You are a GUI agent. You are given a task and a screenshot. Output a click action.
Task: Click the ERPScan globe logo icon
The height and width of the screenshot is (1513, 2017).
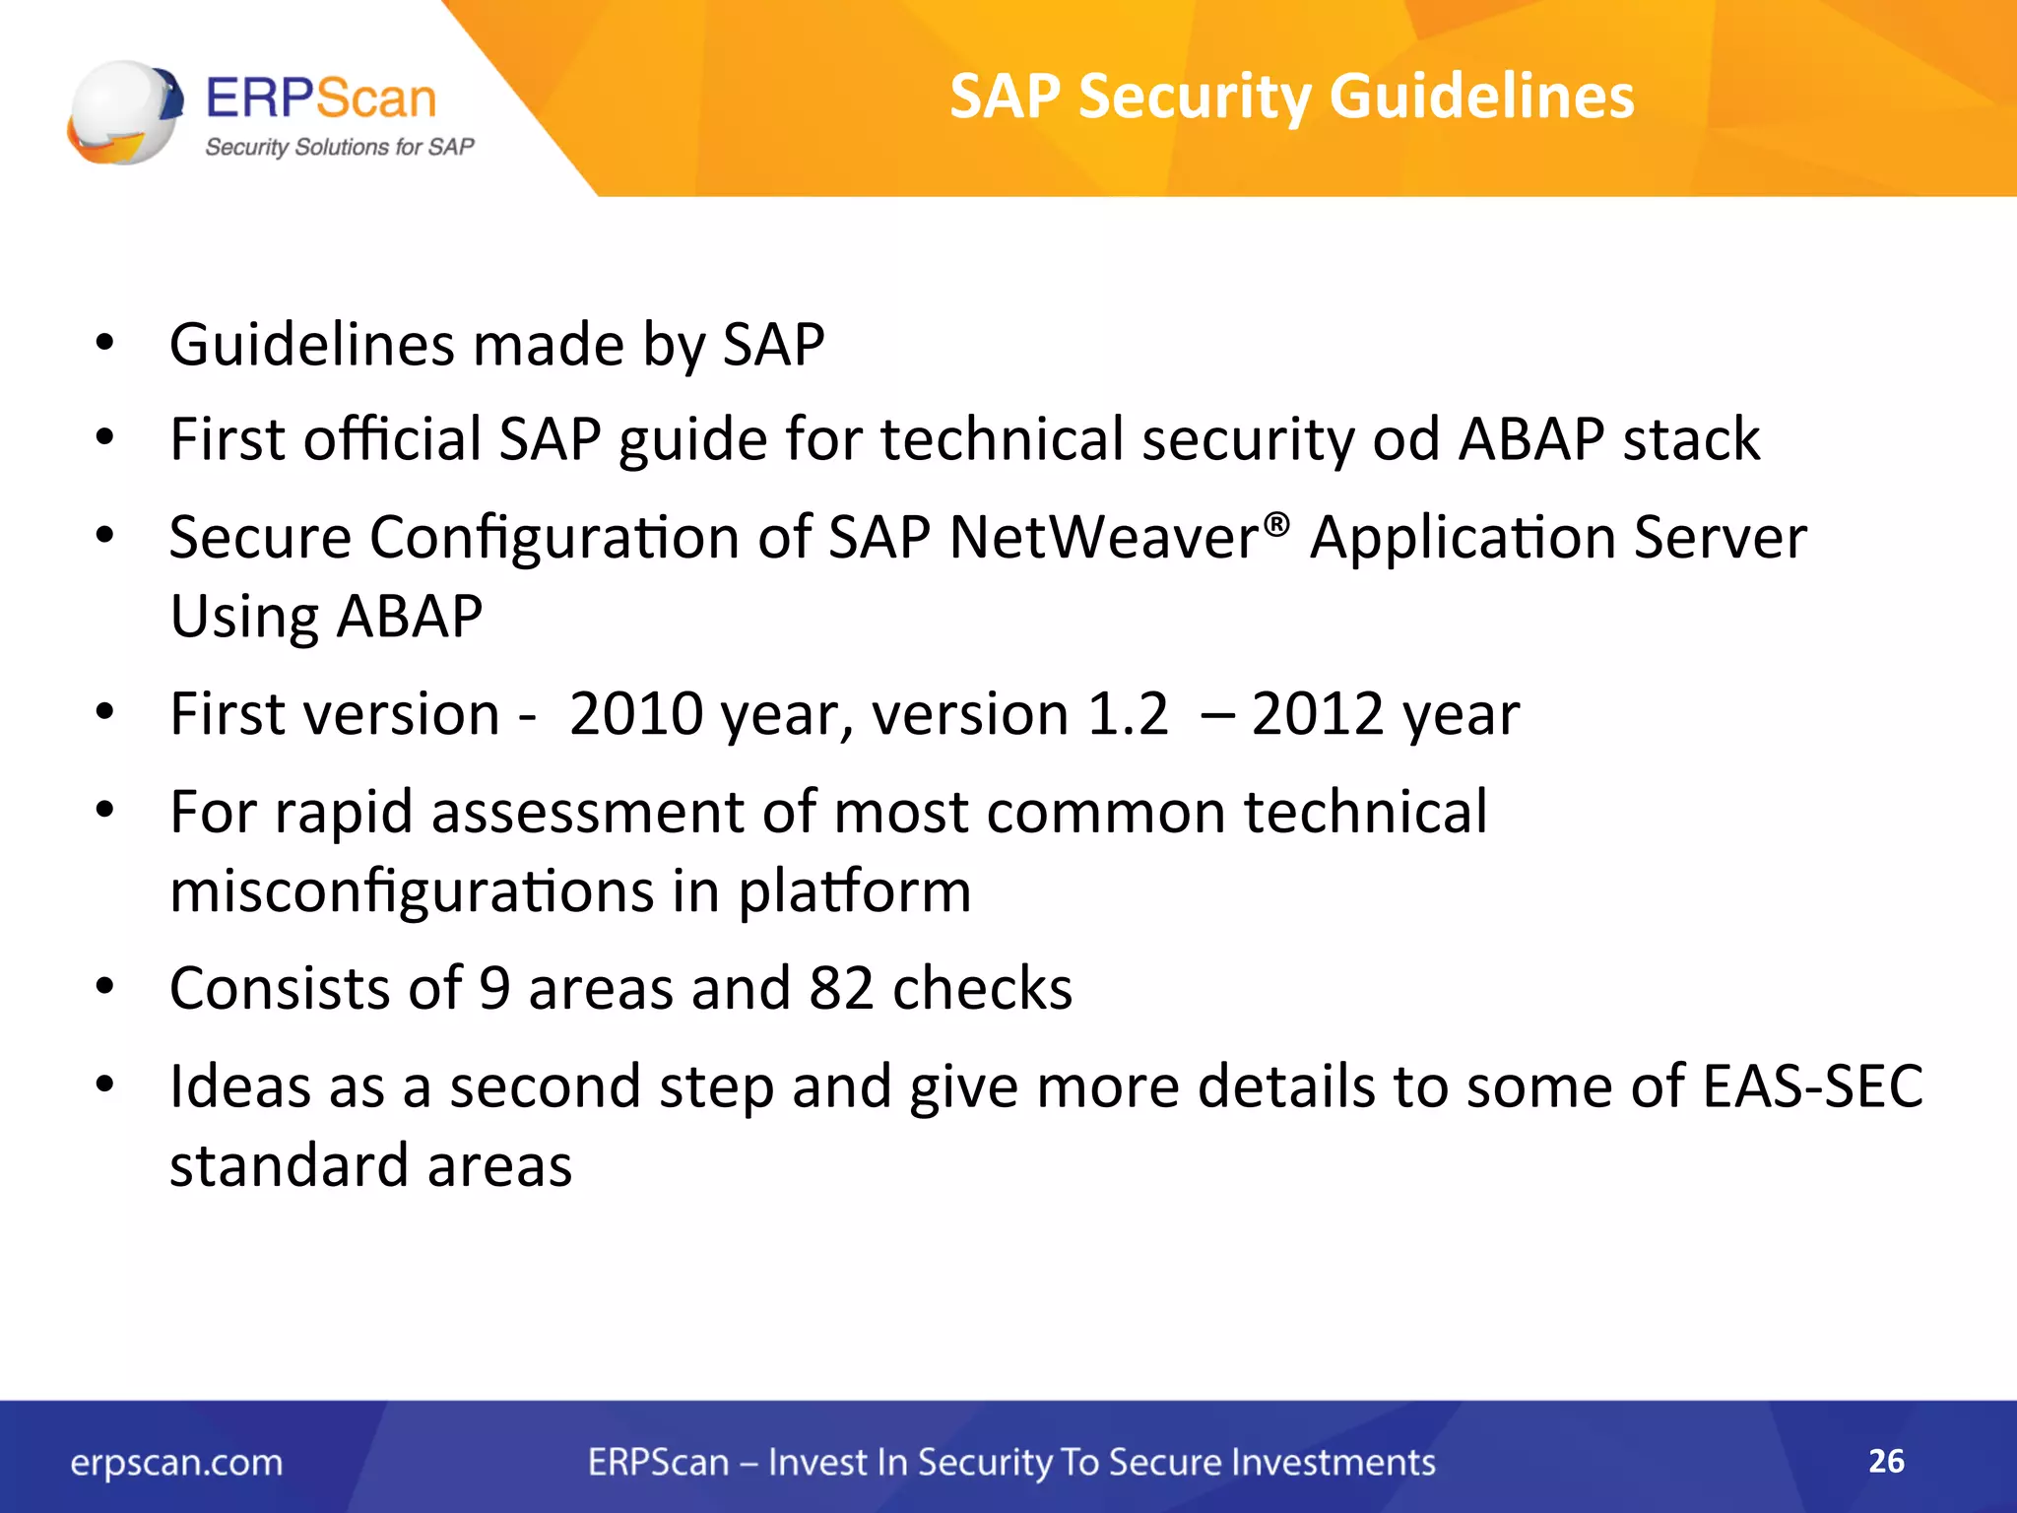tap(124, 112)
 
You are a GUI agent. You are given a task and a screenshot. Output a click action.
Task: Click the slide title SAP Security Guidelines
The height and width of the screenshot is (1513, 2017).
tap(1291, 97)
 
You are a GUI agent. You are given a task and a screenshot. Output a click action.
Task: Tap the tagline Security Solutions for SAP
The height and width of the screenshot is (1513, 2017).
tap(339, 147)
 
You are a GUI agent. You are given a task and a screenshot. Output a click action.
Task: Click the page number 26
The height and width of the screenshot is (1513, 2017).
tap(1886, 1461)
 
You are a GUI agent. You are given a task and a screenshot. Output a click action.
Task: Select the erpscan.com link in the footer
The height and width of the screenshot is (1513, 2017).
tap(176, 1462)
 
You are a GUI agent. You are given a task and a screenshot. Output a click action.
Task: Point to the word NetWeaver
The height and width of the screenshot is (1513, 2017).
tap(1103, 538)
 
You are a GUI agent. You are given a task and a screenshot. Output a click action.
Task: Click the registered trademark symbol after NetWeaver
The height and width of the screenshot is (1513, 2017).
tap(1275, 522)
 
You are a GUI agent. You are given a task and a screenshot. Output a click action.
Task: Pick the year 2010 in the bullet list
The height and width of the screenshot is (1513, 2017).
tap(636, 714)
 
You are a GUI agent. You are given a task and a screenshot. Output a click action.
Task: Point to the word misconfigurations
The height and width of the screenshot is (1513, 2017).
tap(412, 891)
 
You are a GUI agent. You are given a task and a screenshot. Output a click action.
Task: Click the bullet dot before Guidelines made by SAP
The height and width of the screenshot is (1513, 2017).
tap(104, 343)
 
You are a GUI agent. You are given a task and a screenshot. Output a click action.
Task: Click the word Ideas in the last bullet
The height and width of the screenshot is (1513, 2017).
tap(239, 1086)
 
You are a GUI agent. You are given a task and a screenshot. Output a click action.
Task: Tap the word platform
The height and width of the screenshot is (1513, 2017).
tap(854, 891)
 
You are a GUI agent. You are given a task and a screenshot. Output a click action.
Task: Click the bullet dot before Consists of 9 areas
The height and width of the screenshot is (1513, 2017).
tap(104, 986)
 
